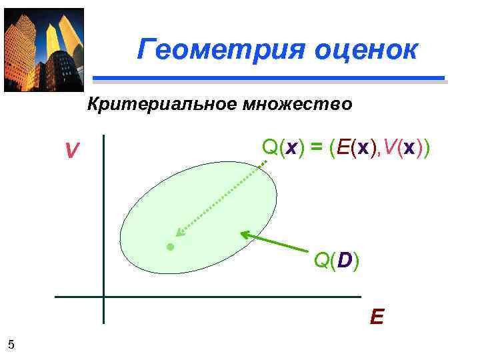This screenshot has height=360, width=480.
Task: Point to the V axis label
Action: [x=71, y=153]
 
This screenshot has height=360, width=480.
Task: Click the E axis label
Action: [x=377, y=315]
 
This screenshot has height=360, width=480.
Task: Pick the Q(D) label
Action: [x=336, y=261]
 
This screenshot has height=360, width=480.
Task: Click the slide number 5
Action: [x=11, y=344]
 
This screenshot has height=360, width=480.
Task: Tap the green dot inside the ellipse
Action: [x=170, y=247]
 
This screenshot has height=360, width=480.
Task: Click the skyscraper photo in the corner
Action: [x=43, y=49]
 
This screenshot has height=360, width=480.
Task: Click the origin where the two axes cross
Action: [x=104, y=297]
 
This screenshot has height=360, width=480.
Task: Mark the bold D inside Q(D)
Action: [x=343, y=261]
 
